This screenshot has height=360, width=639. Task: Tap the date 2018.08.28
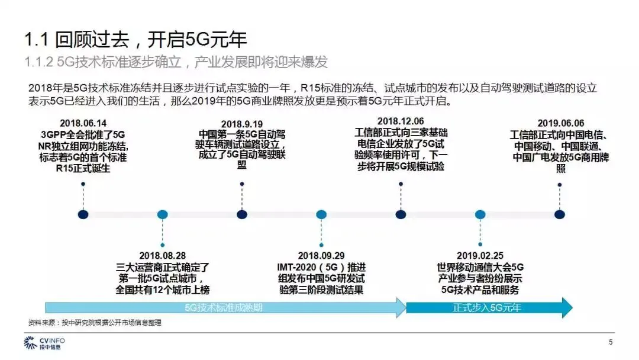point(163,256)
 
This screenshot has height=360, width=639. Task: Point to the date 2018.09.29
point(321,256)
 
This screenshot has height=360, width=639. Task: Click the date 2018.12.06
point(401,121)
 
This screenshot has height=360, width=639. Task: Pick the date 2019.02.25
point(480,256)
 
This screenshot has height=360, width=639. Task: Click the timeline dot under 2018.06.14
point(83,214)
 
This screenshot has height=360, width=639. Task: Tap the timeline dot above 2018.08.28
point(163,214)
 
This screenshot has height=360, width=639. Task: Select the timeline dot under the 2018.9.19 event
point(241,214)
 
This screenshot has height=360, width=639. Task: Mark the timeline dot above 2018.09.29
point(321,214)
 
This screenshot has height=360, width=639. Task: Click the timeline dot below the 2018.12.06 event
point(401,214)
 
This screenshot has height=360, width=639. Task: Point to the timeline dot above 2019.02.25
point(480,214)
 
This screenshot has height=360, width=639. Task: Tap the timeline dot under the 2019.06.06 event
point(560,214)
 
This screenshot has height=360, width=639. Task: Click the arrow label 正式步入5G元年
point(487,308)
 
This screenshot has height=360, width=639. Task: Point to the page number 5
point(611,342)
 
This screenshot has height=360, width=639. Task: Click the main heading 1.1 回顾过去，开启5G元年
point(135,40)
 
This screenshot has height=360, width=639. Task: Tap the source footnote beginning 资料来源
point(95,323)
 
